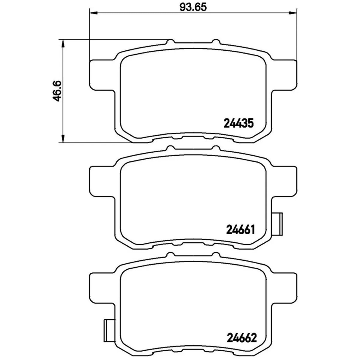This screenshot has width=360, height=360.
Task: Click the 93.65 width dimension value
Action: tap(193, 7)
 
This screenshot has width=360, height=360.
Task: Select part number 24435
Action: tap(238, 123)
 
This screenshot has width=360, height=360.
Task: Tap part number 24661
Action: tap(240, 229)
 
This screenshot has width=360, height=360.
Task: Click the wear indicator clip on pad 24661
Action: tap(277, 224)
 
